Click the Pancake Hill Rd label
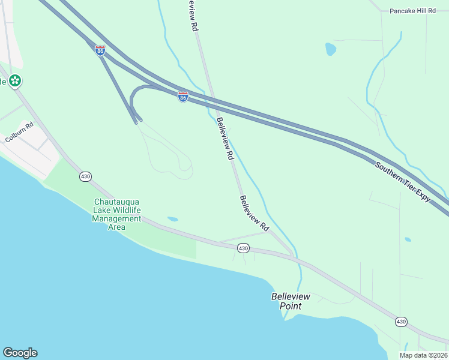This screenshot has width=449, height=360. point(412,11)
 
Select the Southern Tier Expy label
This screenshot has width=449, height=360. point(403,182)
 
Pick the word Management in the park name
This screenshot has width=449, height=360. point(116,219)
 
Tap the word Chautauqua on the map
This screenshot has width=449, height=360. point(116,202)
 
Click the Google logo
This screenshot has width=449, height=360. point(20,353)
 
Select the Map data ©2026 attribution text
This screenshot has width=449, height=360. point(424,355)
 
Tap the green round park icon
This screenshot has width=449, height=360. point(15,80)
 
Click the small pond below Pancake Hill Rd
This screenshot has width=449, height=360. point(330,49)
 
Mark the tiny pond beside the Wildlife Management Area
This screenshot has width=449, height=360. point(173,219)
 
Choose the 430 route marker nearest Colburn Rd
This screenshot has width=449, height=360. point(85,176)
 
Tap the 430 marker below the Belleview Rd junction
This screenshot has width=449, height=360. point(243,248)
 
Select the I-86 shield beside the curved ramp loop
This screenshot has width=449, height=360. point(183,96)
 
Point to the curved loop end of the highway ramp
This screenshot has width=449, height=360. point(133,97)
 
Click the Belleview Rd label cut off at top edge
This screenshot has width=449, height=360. point(192,15)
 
